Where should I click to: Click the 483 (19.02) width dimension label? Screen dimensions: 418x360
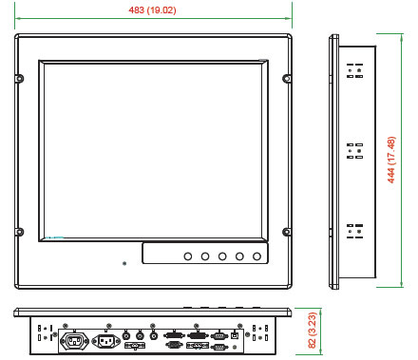152,10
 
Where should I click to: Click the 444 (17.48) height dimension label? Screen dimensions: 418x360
391,160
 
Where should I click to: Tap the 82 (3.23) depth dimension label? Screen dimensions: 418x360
313,331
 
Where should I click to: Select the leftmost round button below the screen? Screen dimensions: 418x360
188,256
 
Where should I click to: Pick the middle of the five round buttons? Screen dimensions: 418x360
222,256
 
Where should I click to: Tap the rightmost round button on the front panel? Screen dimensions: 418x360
256,256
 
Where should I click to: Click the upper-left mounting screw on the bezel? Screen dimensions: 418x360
20,78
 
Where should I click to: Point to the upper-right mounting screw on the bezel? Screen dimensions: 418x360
287,78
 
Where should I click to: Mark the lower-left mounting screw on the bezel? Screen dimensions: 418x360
20,232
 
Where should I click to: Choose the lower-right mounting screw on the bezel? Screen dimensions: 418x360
287,232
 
